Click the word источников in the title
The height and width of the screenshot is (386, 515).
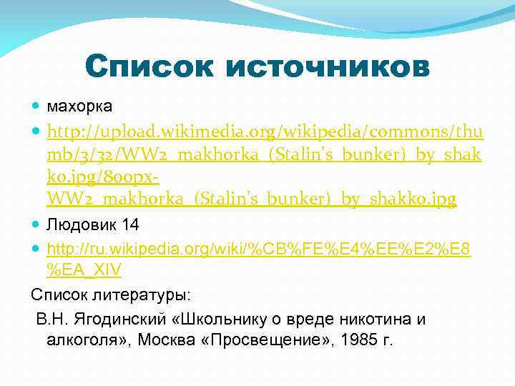coord(327,68)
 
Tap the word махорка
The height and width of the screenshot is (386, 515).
coord(79,107)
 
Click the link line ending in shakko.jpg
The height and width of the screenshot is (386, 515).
coord(251,197)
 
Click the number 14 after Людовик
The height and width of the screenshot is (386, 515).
coord(131,224)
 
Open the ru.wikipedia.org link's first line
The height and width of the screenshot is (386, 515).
coord(258,248)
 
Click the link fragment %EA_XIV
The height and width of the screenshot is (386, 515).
coord(84,271)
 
